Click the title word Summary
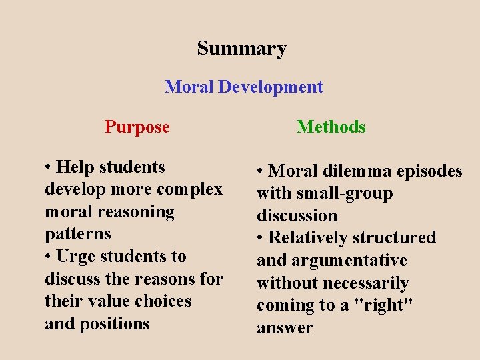241,49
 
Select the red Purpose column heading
137,127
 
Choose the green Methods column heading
331,127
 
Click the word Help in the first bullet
74,167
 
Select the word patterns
78,234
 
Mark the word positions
115,324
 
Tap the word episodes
429,171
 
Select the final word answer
285,328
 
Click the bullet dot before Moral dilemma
260,172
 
